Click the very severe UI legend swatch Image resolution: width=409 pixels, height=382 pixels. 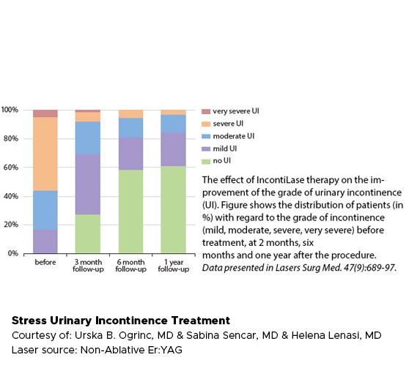(x=206, y=111)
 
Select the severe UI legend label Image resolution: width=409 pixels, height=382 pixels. (x=228, y=124)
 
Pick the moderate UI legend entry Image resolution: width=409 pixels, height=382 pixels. (x=228, y=136)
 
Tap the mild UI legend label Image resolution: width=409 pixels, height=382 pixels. (x=224, y=149)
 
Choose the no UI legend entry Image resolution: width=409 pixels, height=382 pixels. (x=216, y=161)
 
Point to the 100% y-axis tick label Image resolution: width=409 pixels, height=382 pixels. (x=10, y=110)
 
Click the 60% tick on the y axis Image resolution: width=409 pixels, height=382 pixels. (x=11, y=167)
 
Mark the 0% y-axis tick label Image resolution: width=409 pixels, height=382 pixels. (x=13, y=253)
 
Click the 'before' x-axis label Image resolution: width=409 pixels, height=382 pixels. (x=45, y=262)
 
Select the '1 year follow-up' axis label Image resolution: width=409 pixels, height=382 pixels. (x=174, y=266)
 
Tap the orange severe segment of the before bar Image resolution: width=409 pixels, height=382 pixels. (x=45, y=154)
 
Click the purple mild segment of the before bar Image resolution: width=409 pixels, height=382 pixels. (x=45, y=241)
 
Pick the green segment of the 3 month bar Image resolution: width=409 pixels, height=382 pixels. (x=88, y=234)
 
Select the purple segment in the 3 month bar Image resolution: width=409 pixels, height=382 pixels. (x=88, y=184)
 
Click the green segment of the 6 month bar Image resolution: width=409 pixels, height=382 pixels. (x=130, y=211)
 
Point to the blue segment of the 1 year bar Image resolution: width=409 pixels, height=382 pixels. (x=173, y=124)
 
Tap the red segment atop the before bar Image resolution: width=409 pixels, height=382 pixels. (x=45, y=113)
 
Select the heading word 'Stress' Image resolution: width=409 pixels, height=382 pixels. (x=29, y=321)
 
